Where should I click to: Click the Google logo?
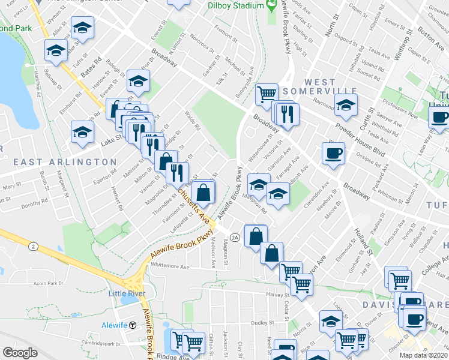point(20,352)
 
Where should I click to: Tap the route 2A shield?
point(235,238)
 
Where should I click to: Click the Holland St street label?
point(362,236)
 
